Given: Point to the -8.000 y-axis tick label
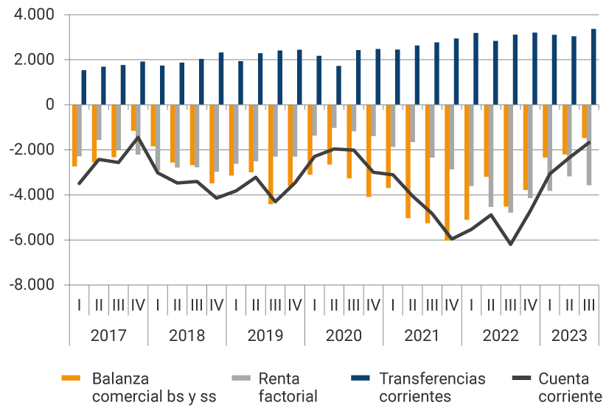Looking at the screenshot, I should [34, 285].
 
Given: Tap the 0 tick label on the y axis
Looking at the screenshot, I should [50, 105].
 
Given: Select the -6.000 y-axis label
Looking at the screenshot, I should [34, 240].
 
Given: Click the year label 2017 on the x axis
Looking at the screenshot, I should [108, 336].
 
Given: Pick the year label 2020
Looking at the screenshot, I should [344, 336].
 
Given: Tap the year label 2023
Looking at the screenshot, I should [569, 336].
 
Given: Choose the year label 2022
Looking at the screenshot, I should [501, 336].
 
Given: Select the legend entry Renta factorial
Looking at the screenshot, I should [288, 387].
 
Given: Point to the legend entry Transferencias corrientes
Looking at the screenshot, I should [432, 387].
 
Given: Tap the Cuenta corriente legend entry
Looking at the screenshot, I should [564, 387].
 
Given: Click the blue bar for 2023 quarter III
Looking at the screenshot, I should [593, 67].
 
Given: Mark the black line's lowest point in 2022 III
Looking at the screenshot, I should [510, 245].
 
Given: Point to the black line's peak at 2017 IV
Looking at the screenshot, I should [138, 137].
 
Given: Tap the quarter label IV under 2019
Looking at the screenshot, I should [294, 303].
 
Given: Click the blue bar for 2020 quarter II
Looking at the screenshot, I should [339, 85].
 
